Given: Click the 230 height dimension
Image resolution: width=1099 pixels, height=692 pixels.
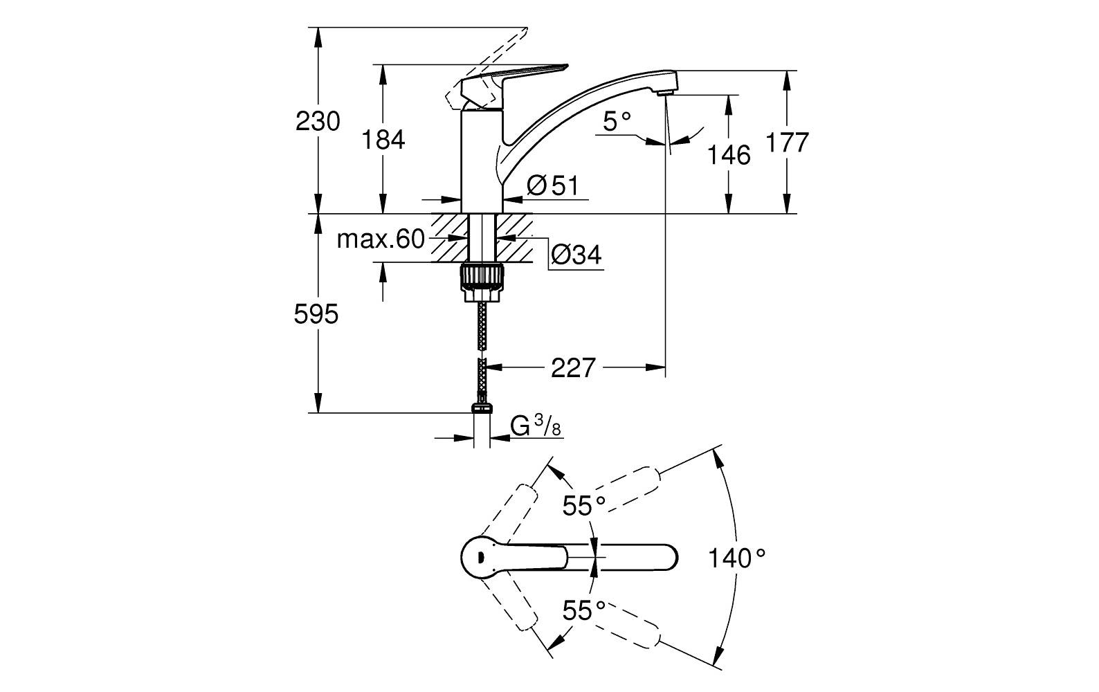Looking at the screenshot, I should point(318,122).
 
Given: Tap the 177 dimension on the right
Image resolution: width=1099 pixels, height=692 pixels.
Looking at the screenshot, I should point(787,143).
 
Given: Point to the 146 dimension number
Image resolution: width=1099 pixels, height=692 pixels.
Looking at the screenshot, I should point(728,155).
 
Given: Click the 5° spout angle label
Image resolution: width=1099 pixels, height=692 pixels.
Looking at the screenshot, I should point(617,122).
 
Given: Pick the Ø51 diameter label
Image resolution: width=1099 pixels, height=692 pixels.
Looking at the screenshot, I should point(552,185).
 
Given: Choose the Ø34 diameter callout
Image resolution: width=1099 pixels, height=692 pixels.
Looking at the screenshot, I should point(576,256).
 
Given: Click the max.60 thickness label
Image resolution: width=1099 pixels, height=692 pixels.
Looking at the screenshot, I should point(380,239).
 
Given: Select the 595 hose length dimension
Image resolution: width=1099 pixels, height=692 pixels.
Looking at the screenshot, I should point(316,315).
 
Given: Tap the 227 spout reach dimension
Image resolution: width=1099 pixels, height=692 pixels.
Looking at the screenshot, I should point(572,368).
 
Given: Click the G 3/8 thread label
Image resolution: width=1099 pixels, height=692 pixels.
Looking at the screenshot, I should point(536,426).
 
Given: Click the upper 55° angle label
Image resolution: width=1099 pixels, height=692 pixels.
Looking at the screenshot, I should point(583,506).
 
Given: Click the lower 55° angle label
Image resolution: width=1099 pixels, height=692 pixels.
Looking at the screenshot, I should point(583,610).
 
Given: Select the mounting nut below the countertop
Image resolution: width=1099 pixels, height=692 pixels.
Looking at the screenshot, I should point(482,275).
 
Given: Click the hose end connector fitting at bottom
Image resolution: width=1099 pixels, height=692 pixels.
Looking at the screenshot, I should point(482,408).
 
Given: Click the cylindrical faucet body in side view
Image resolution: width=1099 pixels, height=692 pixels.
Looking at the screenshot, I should point(482,163).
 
